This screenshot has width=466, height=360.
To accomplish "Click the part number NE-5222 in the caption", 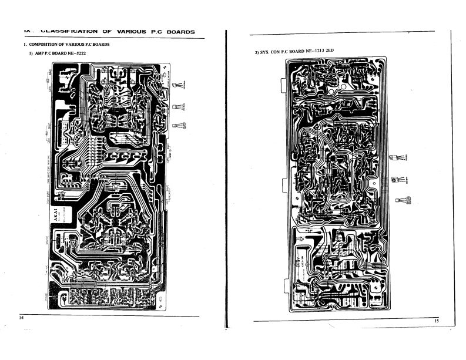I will point(85,54).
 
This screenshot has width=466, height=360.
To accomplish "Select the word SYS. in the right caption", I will point(266,52).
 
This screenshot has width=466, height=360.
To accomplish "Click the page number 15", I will point(436,321).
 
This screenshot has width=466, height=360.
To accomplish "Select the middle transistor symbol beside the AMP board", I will point(177,107).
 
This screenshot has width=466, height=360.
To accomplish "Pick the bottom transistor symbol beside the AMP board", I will point(177,125).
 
